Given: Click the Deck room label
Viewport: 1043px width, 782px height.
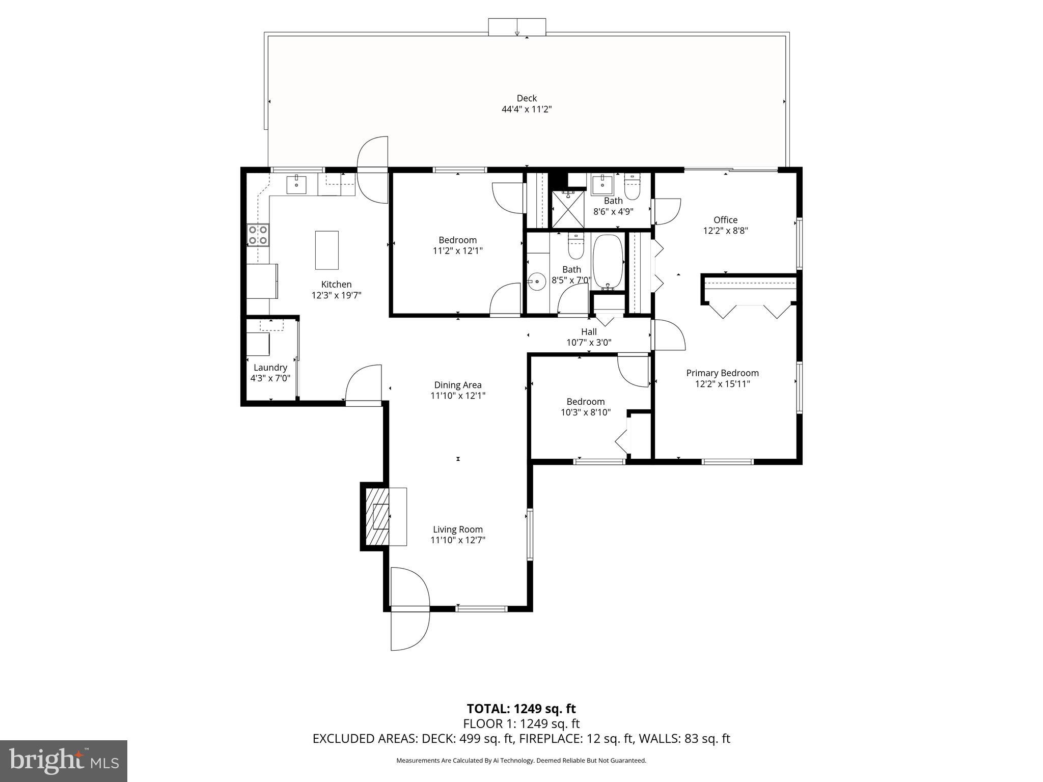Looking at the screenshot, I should click(x=527, y=98).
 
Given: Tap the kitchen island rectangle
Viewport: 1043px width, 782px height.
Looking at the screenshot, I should click(x=326, y=250).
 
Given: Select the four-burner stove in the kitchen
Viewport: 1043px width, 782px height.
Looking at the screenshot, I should click(x=258, y=235).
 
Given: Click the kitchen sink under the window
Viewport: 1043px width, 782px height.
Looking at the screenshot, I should click(x=296, y=185).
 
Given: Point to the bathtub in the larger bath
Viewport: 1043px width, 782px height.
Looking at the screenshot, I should click(x=608, y=262).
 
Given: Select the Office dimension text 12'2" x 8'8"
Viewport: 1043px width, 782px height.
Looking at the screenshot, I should click(x=725, y=231).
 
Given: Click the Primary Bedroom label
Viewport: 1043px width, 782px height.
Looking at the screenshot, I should click(x=722, y=373).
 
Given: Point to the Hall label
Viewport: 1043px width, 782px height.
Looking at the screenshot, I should click(x=589, y=332).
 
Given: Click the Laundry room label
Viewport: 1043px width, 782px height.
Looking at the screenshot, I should click(x=270, y=368).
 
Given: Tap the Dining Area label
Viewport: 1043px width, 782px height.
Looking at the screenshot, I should click(x=457, y=385).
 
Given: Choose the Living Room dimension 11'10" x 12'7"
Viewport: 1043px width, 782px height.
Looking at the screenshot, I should click(x=457, y=540).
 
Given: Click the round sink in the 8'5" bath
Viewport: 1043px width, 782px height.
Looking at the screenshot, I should click(x=536, y=281).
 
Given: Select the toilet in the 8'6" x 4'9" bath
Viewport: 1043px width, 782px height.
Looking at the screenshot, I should click(x=632, y=188).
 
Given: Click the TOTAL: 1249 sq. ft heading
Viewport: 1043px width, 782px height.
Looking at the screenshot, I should click(x=521, y=708).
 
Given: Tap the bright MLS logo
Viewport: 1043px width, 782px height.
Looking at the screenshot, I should click(x=64, y=761).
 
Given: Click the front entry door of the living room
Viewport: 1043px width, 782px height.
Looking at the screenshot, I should click(x=410, y=609).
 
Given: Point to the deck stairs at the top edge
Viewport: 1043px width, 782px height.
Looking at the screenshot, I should click(x=517, y=27).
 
